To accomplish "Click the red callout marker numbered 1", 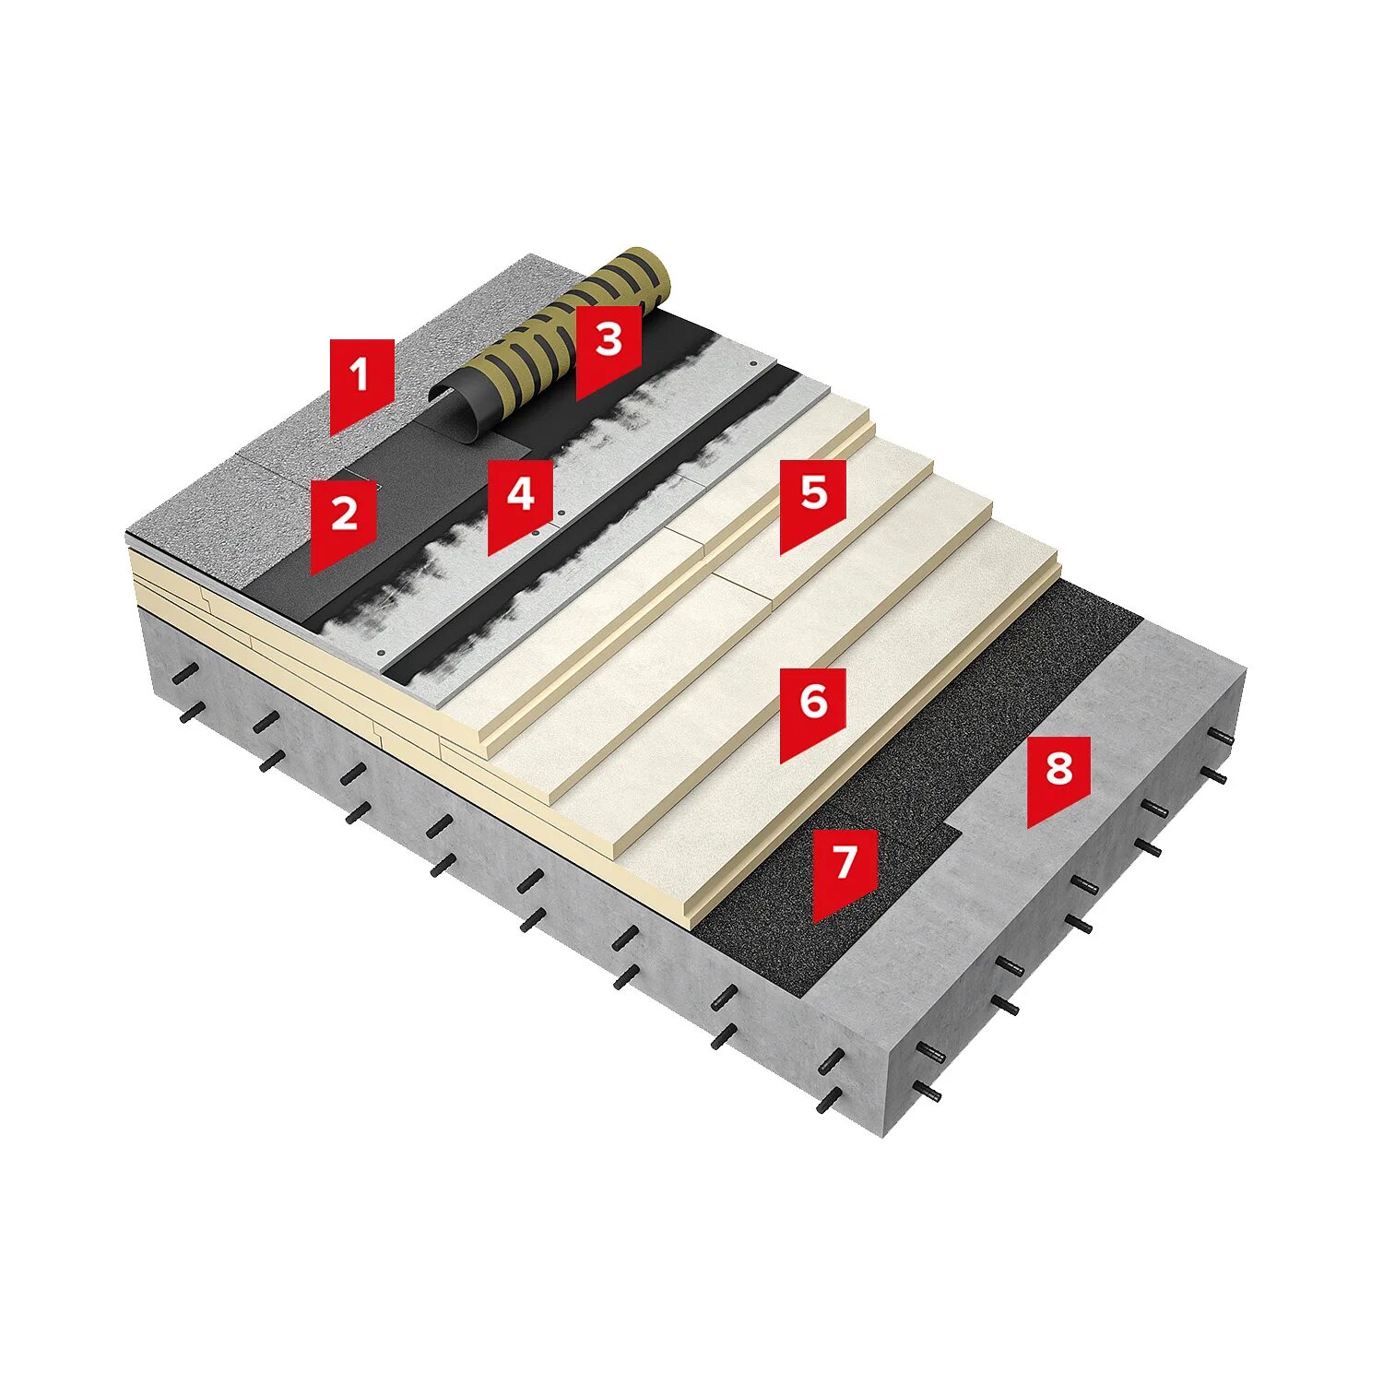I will click(x=361, y=380).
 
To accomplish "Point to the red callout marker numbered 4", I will click(x=520, y=500).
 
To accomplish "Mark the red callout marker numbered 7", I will click(x=844, y=869).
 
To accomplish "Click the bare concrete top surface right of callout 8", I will click(x=1152, y=701).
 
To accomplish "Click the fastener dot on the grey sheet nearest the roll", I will click(x=753, y=364).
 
